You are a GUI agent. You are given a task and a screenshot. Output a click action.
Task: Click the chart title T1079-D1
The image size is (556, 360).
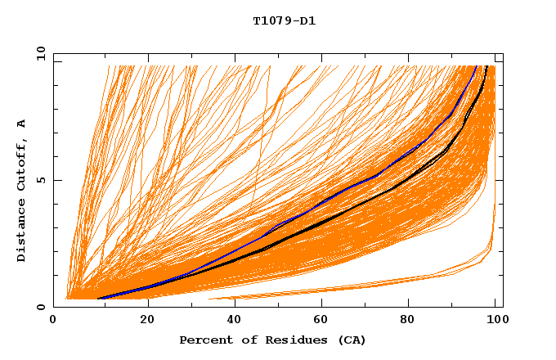point(284,20)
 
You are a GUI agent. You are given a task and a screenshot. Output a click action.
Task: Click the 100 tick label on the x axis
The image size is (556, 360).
point(496,321)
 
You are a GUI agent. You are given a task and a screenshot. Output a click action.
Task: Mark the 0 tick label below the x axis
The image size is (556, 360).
point(54,321)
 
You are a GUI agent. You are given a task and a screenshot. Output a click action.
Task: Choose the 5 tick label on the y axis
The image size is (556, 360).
point(39,180)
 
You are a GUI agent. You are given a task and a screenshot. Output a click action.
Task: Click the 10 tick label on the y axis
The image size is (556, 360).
point(37,53)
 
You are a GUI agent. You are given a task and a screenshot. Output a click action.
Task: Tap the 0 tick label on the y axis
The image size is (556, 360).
point(39,307)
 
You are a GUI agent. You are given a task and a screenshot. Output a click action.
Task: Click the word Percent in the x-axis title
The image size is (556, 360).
point(202,340)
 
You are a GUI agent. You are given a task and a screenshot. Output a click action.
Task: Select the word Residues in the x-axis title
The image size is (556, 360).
point(280,340)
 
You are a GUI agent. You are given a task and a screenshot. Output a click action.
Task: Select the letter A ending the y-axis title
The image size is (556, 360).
point(22,124)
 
